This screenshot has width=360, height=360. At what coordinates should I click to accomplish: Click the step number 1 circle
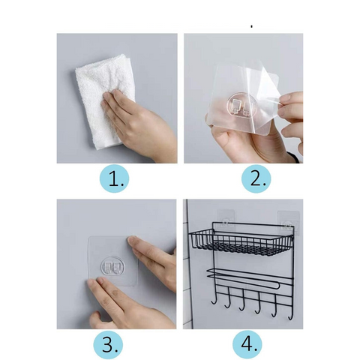114,179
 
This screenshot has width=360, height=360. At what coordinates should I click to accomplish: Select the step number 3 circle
109,345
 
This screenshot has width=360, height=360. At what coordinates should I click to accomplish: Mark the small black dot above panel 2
252,26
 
